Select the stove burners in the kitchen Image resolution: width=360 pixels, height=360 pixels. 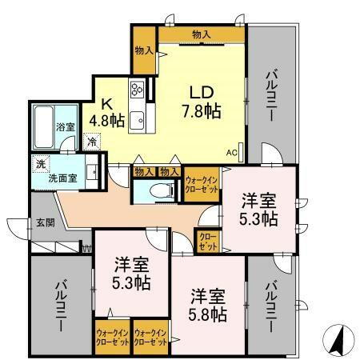[136, 90]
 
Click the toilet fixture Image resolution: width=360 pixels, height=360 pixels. [161, 191]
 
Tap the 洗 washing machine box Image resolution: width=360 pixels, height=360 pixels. [42, 163]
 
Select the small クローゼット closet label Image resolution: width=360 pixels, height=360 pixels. [206, 242]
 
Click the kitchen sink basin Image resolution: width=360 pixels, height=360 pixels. [137, 121]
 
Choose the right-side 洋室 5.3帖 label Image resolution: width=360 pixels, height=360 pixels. [260, 209]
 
